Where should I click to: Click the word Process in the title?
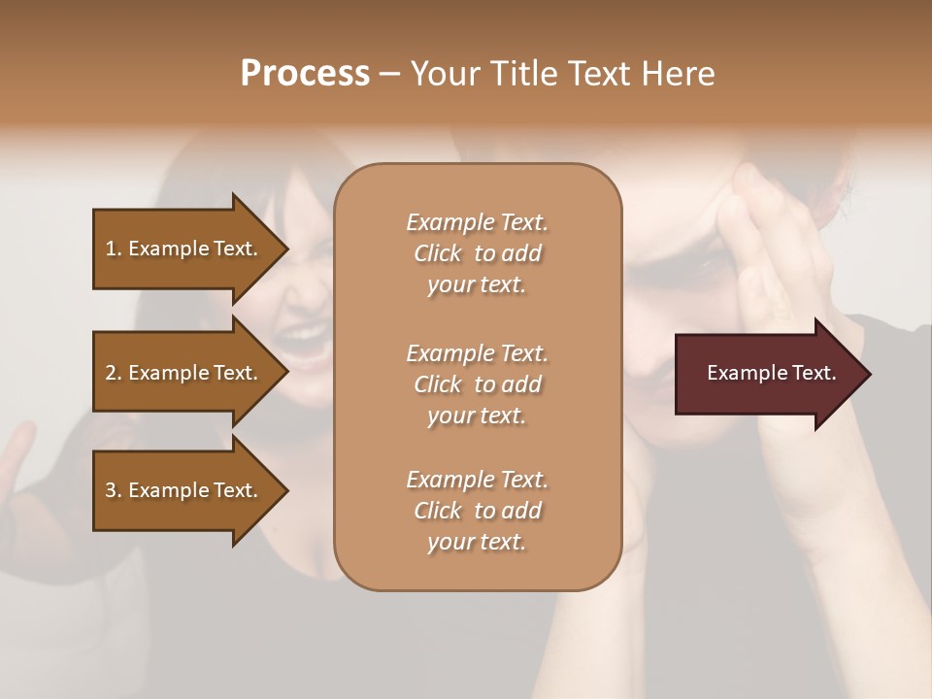click(x=305, y=73)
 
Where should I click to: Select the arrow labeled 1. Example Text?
click(x=183, y=249)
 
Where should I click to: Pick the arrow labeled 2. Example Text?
click(x=183, y=373)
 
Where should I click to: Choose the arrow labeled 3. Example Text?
click(x=183, y=490)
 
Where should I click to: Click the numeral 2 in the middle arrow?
click(x=111, y=373)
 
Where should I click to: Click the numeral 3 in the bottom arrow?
click(x=111, y=490)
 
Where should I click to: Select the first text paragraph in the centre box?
click(x=477, y=253)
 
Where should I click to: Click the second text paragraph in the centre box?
click(x=477, y=384)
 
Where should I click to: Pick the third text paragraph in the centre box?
click(x=477, y=511)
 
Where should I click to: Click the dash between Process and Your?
click(x=390, y=74)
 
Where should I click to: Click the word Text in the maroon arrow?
click(x=815, y=373)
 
